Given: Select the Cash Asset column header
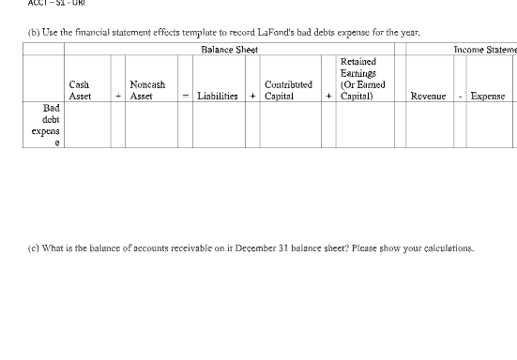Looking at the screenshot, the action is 80,90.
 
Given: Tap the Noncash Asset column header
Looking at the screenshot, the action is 146,90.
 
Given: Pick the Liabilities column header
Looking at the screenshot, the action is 217,96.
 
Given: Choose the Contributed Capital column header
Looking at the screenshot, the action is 288,90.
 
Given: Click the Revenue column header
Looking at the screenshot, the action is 427,96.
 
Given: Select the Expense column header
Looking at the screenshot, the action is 487,96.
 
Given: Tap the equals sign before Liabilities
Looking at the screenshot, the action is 187,96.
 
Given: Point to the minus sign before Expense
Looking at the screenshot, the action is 462,96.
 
